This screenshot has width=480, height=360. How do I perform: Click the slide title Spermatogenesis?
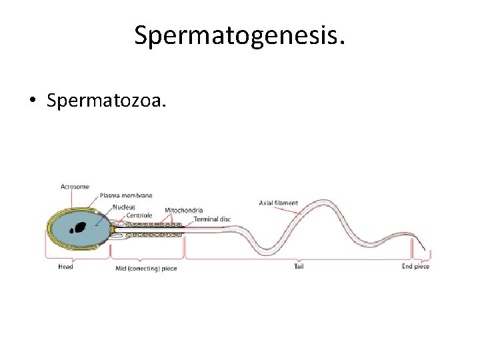240,35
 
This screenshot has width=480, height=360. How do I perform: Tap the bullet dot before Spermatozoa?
32,101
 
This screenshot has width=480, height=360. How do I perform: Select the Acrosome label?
75,187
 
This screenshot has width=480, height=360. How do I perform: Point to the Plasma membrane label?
126,195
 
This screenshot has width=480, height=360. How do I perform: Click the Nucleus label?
123,207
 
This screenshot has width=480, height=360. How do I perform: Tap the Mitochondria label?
183,211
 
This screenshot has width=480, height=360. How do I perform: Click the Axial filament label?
279,203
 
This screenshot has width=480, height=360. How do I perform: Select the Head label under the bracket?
65,267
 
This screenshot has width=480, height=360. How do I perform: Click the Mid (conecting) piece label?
146,269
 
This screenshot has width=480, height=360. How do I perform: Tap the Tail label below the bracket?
299,267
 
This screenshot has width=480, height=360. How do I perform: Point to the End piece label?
415,267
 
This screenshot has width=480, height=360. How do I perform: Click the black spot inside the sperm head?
81,227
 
